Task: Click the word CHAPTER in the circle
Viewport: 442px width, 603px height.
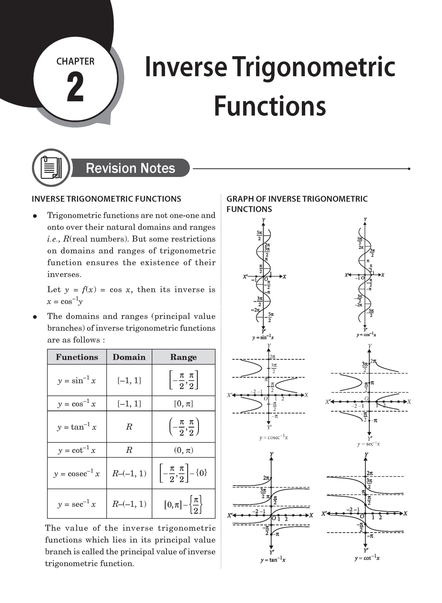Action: click(x=75, y=61)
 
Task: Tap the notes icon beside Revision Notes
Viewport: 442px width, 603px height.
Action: click(x=51, y=168)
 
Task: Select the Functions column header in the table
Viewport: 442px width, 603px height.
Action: click(x=77, y=357)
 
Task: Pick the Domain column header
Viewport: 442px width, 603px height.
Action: click(x=129, y=357)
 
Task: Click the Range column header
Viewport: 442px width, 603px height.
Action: click(x=183, y=357)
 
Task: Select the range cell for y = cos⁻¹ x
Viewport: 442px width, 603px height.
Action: click(x=183, y=403)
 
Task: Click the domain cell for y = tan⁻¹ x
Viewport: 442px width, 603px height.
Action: click(x=129, y=427)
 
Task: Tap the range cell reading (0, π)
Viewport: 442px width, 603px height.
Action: click(x=183, y=450)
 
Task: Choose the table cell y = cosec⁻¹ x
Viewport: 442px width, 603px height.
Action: click(x=77, y=473)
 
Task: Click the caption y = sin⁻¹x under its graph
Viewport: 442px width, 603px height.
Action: click(x=263, y=337)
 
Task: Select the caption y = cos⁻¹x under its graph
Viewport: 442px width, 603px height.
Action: click(x=366, y=335)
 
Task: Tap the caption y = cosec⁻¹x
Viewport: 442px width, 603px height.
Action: click(x=273, y=437)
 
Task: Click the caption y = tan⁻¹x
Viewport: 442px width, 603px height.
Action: click(x=273, y=560)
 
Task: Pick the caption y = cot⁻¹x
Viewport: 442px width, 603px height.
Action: click(x=367, y=558)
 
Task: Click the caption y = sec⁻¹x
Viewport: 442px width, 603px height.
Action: click(x=368, y=444)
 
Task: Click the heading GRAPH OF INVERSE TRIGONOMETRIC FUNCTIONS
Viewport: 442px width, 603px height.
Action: click(x=297, y=204)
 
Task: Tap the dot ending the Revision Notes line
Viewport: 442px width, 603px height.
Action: click(x=409, y=169)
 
